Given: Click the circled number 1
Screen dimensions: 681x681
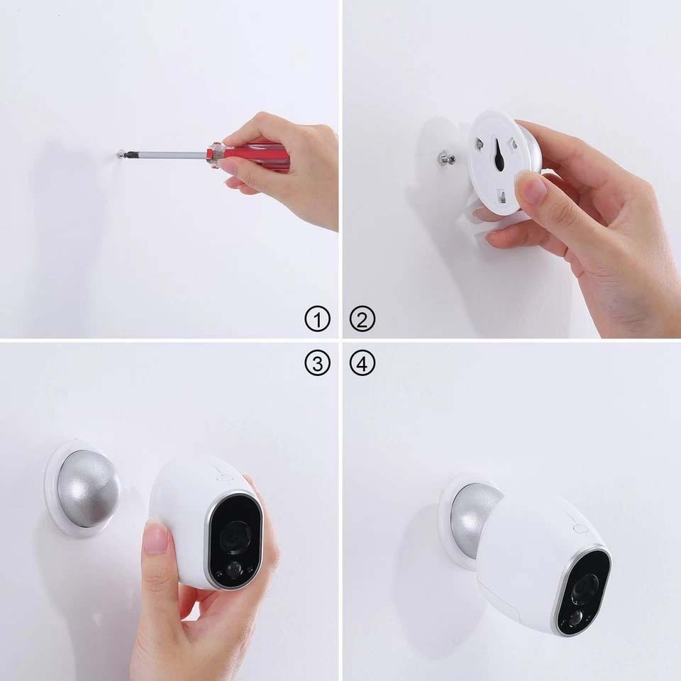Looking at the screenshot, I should (x=317, y=320).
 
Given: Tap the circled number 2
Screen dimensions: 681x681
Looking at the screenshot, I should (x=362, y=320).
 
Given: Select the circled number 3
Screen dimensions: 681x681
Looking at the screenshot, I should (x=317, y=364).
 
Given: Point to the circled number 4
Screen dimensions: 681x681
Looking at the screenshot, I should (x=362, y=364).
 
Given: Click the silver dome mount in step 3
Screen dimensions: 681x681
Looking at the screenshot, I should (x=87, y=489).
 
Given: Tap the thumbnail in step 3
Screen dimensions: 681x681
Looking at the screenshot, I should (x=155, y=538).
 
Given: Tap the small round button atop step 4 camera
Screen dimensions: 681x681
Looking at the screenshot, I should (x=580, y=528).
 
